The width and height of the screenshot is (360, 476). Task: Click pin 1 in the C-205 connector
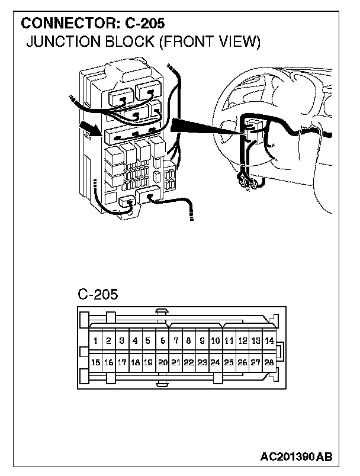tap(95, 341)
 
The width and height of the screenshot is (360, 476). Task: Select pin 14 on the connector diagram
tap(269, 341)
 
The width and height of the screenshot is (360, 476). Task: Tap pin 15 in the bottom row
tap(95, 362)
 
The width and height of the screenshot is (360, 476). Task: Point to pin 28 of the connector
tap(269, 362)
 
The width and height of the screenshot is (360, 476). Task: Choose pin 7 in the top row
tap(176, 341)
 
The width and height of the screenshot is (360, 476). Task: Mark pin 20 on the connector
tap(162, 362)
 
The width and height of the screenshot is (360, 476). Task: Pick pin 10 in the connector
tap(216, 341)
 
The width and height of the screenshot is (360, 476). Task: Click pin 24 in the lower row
tap(216, 362)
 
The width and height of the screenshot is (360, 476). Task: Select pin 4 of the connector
tap(136, 341)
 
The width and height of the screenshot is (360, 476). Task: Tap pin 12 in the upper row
tap(243, 341)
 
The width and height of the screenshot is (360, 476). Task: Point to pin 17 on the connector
tap(122, 362)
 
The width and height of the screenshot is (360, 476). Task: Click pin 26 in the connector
tap(242, 362)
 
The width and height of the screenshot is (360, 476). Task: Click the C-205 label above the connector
tap(98, 294)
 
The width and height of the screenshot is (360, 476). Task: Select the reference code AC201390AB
tap(296, 457)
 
